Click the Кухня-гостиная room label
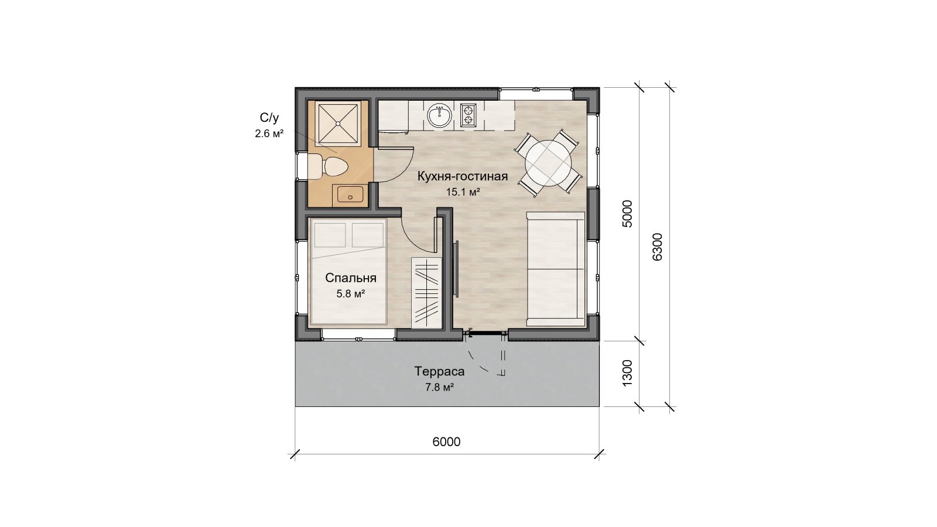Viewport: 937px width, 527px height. pyautogui.click(x=463, y=176)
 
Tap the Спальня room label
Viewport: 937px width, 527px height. pyautogui.click(x=351, y=278)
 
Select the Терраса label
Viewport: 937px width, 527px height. pyautogui.click(x=440, y=371)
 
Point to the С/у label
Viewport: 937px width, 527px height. pyautogui.click(x=269, y=118)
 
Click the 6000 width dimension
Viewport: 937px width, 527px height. pyautogui.click(x=446, y=442)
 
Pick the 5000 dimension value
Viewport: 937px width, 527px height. pyautogui.click(x=627, y=214)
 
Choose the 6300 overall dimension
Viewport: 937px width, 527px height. pyautogui.click(x=657, y=247)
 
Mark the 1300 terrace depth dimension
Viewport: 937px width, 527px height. pyautogui.click(x=627, y=373)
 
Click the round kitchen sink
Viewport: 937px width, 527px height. pyautogui.click(x=439, y=115)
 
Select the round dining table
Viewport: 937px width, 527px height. pyautogui.click(x=548, y=163)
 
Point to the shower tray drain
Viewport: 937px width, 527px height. pyautogui.click(x=338, y=124)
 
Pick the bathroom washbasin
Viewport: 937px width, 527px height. pyautogui.click(x=350, y=194)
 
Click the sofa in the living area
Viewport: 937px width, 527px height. pyautogui.click(x=555, y=269)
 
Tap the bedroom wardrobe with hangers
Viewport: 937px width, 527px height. pyautogui.click(x=427, y=293)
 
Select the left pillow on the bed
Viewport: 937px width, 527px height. pyautogui.click(x=330, y=235)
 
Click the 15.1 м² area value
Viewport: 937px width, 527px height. pyautogui.click(x=463, y=193)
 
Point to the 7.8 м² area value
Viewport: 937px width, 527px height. pyautogui.click(x=440, y=387)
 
